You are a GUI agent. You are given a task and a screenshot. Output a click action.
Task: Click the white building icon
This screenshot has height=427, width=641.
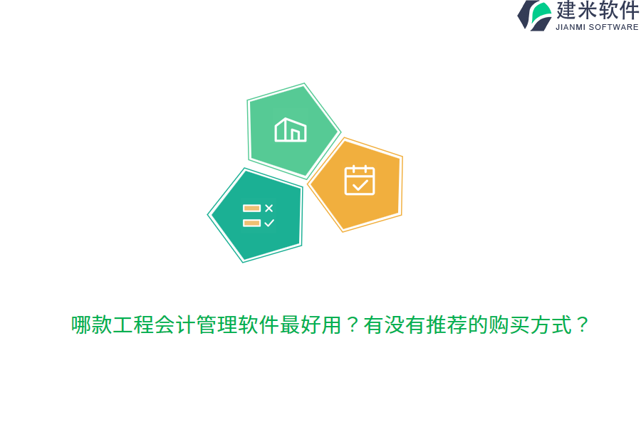291,130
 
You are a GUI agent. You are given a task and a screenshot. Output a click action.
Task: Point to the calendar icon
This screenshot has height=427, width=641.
360,180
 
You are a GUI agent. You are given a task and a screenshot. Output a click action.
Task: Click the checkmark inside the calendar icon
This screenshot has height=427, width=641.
360,185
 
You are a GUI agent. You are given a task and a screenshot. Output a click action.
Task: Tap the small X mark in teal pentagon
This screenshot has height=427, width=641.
269,208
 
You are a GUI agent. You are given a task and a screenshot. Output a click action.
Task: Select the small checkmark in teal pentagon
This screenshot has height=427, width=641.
269,223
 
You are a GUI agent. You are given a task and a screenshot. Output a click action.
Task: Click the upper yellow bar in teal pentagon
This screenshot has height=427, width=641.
251,208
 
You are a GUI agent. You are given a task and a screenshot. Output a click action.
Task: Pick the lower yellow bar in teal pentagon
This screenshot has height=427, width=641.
251,223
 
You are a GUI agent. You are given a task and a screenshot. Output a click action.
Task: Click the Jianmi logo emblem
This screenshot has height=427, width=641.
535,15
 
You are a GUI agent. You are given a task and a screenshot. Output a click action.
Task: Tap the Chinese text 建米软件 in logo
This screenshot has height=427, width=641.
598,11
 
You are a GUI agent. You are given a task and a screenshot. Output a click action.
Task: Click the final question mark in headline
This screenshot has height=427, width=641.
582,325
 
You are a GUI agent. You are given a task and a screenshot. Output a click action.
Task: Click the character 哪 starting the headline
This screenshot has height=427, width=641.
81,325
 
